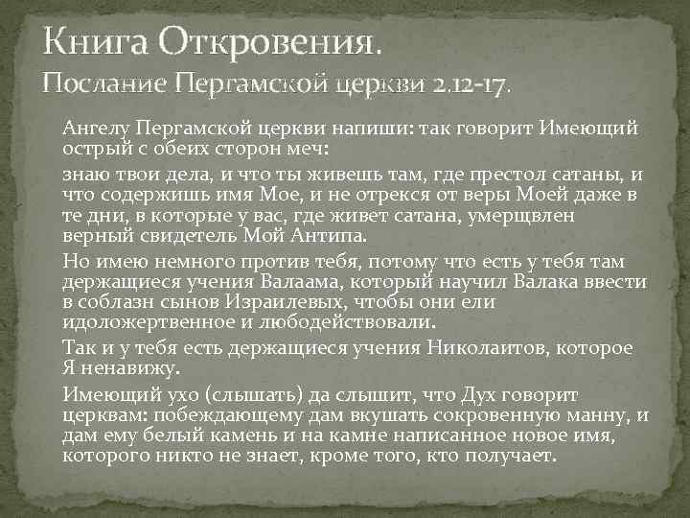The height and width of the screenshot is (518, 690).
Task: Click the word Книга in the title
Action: pos(92,40)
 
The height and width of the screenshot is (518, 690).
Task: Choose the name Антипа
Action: pos(312,235)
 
